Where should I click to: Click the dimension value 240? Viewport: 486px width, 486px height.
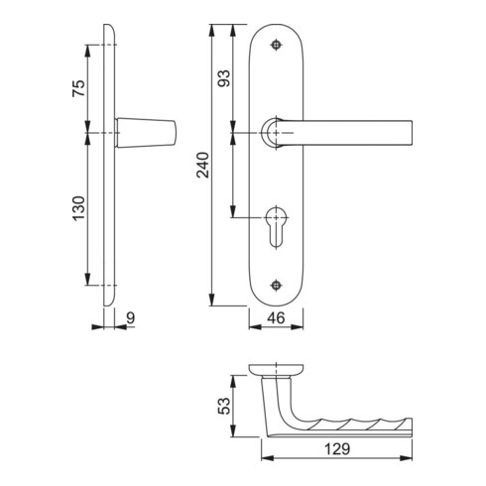pyautogui.click(x=202, y=165)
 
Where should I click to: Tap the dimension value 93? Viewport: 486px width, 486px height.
pyautogui.click(x=224, y=78)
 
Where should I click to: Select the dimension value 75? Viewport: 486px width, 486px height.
pyautogui.click(x=79, y=88)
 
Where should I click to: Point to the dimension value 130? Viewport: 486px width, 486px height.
pyautogui.click(x=79, y=208)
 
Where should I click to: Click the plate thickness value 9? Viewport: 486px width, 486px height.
pyautogui.click(x=131, y=318)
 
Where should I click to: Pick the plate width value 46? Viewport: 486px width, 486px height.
pyautogui.click(x=276, y=318)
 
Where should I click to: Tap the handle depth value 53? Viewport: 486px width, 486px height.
pyautogui.click(x=224, y=406)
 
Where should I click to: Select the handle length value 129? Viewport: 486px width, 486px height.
pyautogui.click(x=337, y=449)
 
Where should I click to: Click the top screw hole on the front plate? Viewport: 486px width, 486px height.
pyautogui.click(x=276, y=45)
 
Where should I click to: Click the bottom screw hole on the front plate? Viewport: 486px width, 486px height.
pyautogui.click(x=276, y=285)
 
